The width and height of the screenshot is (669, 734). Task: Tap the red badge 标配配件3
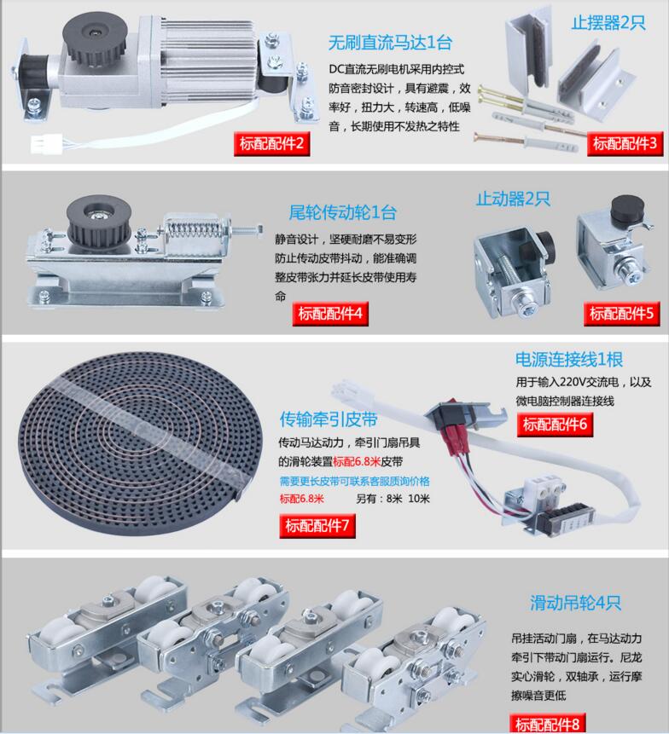pos(625,142)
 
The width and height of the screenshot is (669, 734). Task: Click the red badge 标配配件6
pos(556,423)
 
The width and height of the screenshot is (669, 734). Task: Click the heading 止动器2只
pos(513,199)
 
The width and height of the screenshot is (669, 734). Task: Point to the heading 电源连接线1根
pos(567,358)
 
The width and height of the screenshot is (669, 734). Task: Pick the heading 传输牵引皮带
pos(329,419)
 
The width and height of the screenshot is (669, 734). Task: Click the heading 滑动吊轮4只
pos(575,603)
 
